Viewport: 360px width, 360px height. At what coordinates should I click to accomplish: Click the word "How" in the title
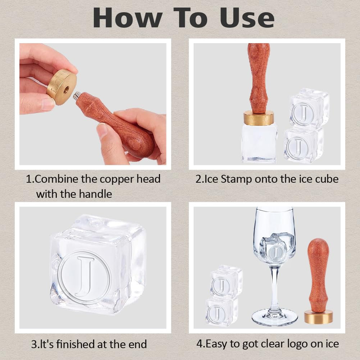pos(127,18)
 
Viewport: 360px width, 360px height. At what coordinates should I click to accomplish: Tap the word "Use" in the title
pos(247,18)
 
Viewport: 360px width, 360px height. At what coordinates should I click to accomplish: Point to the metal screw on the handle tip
pos(77,95)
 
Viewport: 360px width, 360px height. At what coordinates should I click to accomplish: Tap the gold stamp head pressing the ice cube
pos(259,118)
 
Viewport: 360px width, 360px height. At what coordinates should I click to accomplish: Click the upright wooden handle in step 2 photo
pos(259,78)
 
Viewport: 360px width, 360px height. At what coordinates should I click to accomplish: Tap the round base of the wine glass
pos(275,317)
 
